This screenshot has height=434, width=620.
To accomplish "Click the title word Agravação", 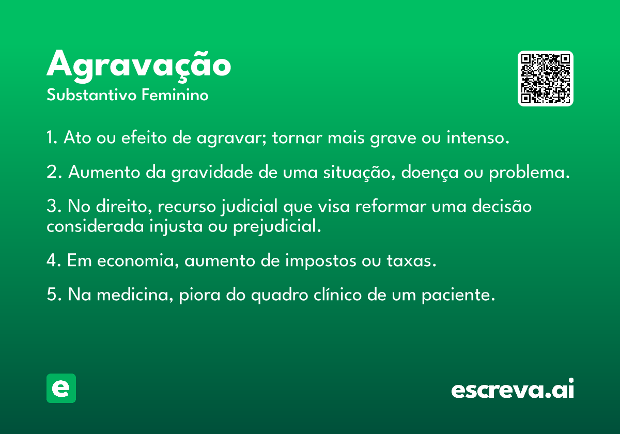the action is click(138, 67).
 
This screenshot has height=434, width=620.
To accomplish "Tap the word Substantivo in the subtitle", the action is click(91, 95).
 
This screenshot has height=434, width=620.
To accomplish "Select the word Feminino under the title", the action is click(175, 95).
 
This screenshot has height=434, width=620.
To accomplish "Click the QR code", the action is click(545, 79).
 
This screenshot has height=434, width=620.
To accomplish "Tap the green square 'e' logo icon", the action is click(61, 388).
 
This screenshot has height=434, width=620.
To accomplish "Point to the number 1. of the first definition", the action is click(52, 137).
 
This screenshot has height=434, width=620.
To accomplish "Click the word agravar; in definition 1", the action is click(231, 138).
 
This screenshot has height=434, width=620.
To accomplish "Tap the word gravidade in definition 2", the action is click(212, 173).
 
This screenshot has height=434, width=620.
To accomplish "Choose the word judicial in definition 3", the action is click(250, 207).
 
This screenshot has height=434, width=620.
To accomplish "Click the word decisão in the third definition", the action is click(502, 206).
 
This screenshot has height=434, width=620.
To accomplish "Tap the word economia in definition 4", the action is click(135, 261).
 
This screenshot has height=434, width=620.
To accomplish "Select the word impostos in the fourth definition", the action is click(321, 261).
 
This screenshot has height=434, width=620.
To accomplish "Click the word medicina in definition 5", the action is click(133, 295).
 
